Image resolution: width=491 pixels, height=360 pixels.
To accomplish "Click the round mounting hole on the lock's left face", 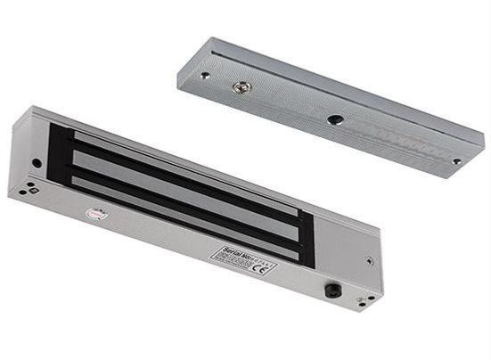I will [37, 163].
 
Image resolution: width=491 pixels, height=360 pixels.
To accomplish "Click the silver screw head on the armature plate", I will [240, 87].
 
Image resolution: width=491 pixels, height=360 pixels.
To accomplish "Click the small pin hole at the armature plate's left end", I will [204, 76].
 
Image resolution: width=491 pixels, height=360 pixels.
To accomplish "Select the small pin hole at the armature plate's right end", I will [456, 161].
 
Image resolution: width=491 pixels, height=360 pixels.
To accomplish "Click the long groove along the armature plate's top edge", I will [339, 89].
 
